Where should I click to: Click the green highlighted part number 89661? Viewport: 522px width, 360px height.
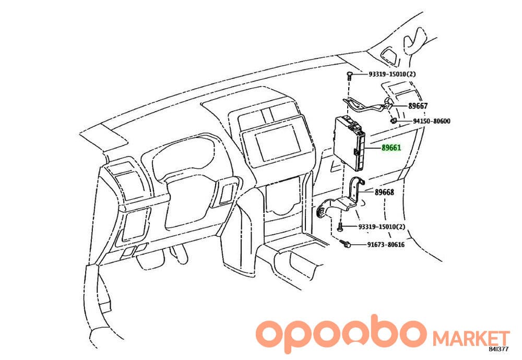point(391,148)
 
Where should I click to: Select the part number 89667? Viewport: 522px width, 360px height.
point(418,106)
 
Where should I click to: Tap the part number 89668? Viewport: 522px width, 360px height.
point(384,193)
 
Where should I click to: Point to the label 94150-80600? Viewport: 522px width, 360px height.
point(432,121)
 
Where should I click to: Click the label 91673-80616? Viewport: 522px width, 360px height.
point(386,245)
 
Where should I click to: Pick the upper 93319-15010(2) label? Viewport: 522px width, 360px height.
point(392,74)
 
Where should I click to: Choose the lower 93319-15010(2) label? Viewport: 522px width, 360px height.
point(382,226)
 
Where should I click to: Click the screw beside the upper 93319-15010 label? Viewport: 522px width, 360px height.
point(349,76)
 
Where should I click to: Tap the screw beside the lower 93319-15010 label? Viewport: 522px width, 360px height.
point(340,227)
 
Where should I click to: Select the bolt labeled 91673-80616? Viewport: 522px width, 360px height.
point(345,244)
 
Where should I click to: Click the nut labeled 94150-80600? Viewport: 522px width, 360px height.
point(393,121)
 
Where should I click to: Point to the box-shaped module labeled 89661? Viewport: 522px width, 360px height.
point(349,142)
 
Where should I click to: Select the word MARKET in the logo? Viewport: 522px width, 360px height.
point(471,338)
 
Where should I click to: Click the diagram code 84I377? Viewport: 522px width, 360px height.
point(499,349)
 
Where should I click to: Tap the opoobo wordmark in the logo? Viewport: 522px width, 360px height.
point(342,334)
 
